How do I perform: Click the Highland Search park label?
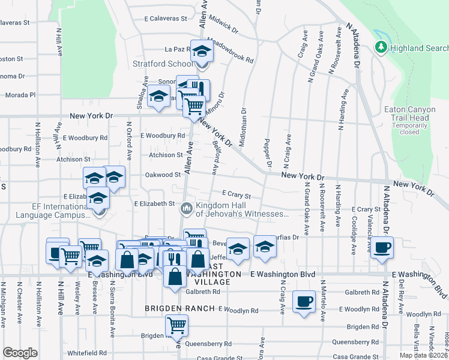pyautogui.click(x=418, y=47)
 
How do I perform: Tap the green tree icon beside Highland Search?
pyautogui.click(x=380, y=47)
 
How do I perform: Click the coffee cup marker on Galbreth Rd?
pyautogui.click(x=304, y=301)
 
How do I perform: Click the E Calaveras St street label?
pyautogui.click(x=166, y=19)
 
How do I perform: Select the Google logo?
pyautogui.click(x=20, y=352)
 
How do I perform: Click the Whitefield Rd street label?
pyautogui.click(x=86, y=353)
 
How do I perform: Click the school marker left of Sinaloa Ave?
pyautogui.click(x=158, y=97)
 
